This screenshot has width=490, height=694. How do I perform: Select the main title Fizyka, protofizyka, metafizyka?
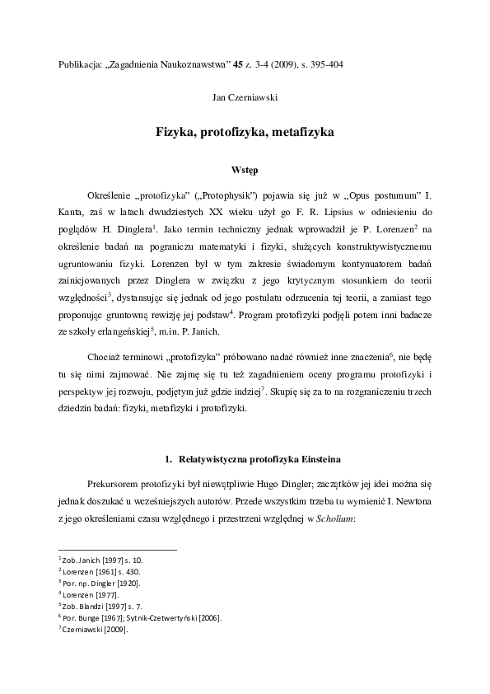tap(245, 132)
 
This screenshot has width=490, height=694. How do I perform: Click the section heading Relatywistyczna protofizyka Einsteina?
tap(250, 457)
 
